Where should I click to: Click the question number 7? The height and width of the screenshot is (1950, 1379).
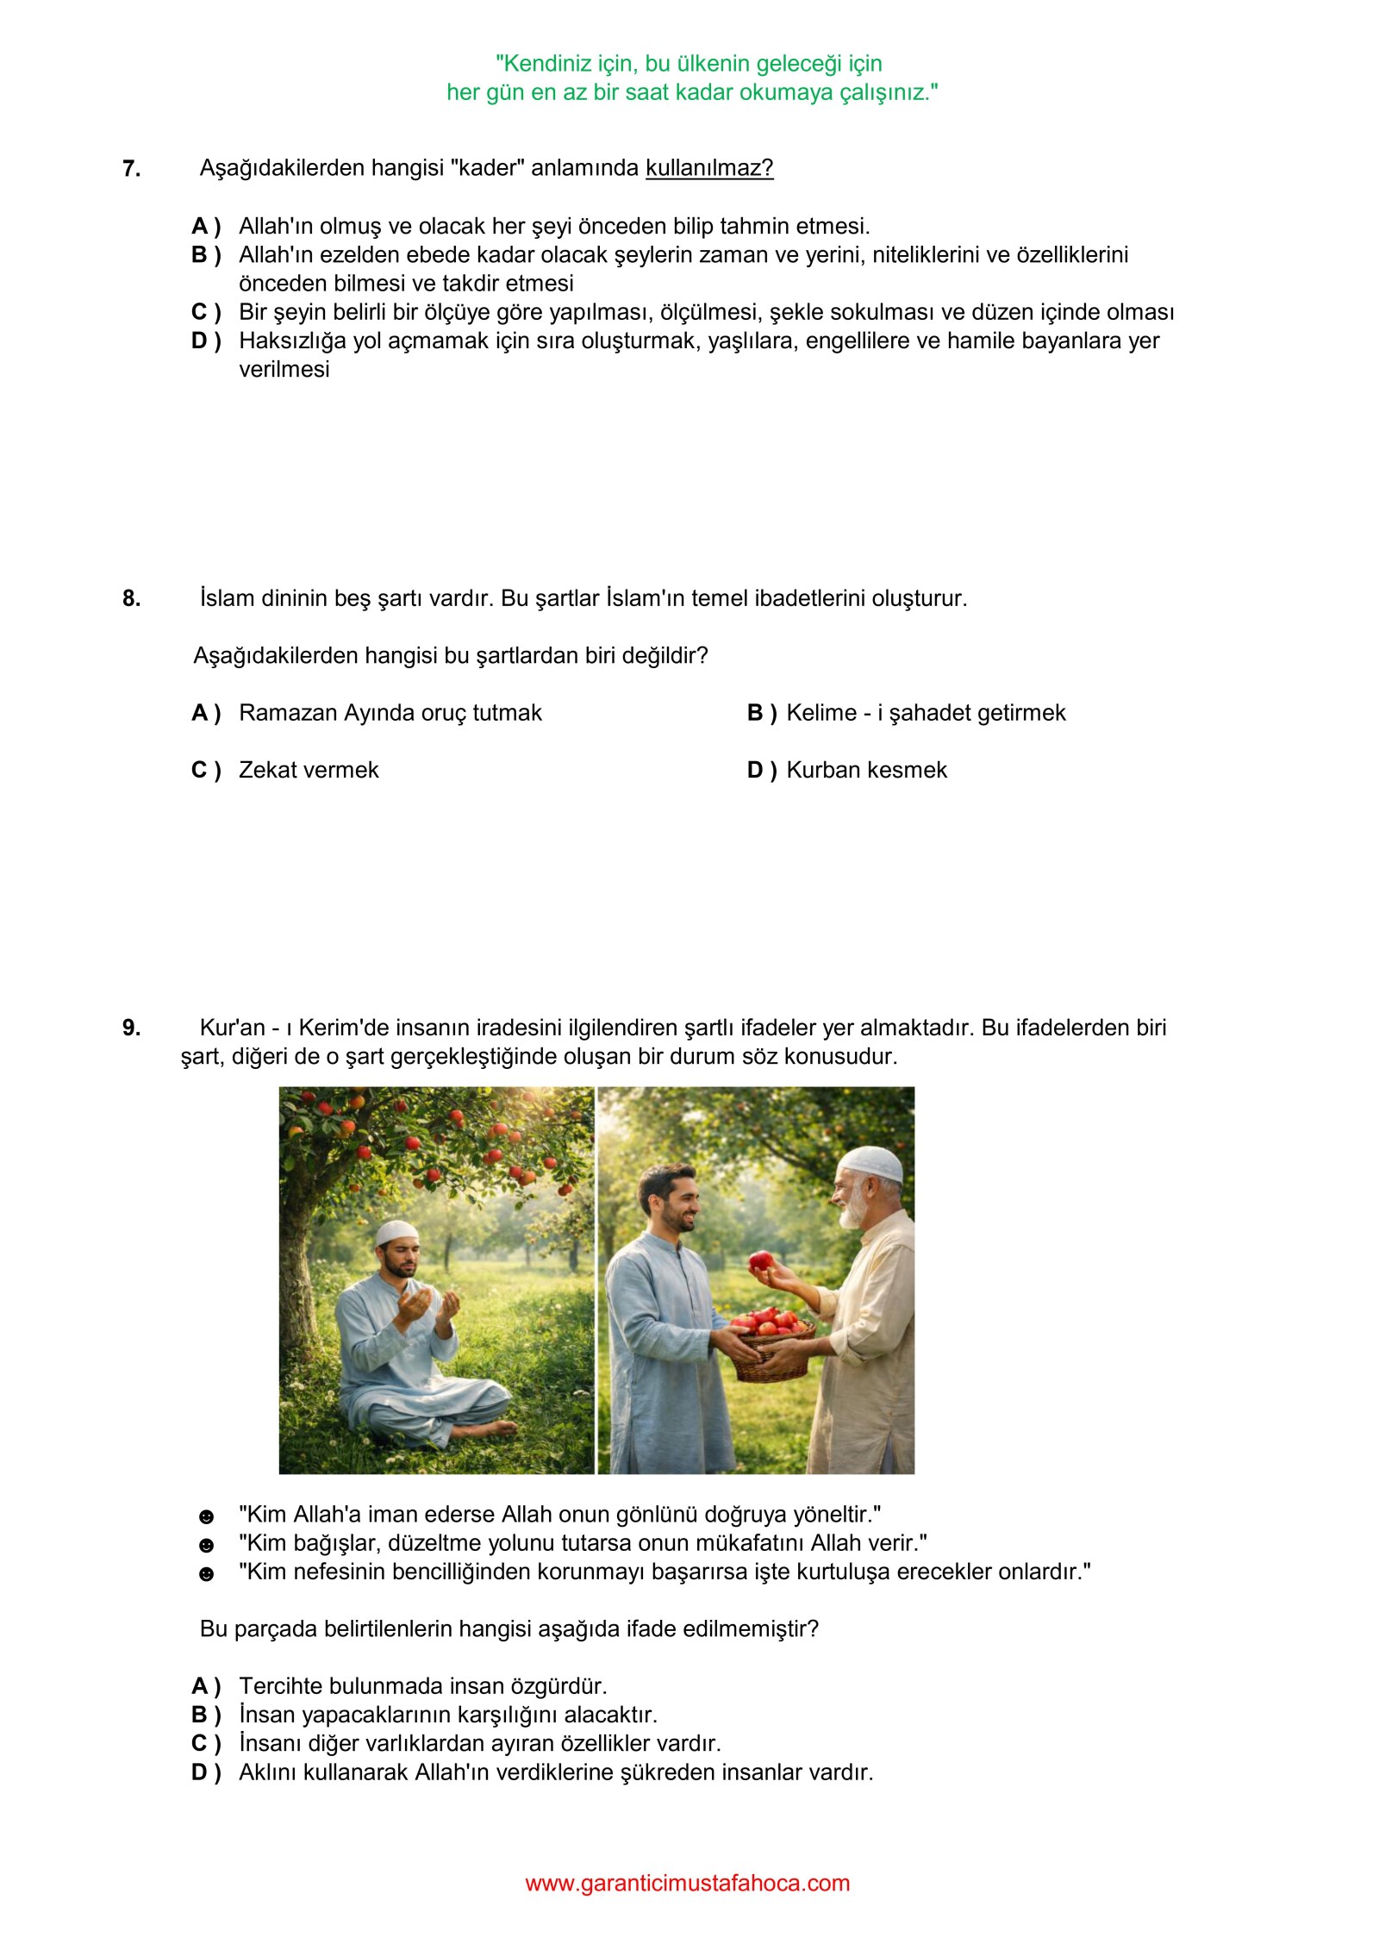tap(131, 168)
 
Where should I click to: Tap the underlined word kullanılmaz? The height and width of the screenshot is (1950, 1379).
tap(709, 168)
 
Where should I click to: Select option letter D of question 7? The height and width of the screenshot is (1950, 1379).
tap(205, 341)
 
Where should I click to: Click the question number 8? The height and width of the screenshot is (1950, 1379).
tap(131, 598)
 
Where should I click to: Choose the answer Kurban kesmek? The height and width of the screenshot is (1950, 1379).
tap(866, 770)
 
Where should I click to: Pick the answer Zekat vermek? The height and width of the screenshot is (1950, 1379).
tap(309, 770)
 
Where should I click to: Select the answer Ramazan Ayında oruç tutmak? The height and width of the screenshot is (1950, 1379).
tap(390, 713)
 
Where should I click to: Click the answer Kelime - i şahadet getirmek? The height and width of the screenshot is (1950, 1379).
tap(926, 713)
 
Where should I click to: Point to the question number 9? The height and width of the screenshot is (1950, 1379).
tap(131, 1028)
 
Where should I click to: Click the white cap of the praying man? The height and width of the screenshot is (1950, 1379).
tap(396, 1232)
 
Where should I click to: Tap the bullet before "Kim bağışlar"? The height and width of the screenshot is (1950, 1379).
tap(206, 1545)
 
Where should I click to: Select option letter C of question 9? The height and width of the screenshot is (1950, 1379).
tap(205, 1743)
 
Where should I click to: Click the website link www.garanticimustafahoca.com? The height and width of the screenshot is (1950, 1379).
tap(687, 1883)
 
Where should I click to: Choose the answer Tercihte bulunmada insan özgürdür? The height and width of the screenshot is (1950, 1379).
tap(422, 1686)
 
